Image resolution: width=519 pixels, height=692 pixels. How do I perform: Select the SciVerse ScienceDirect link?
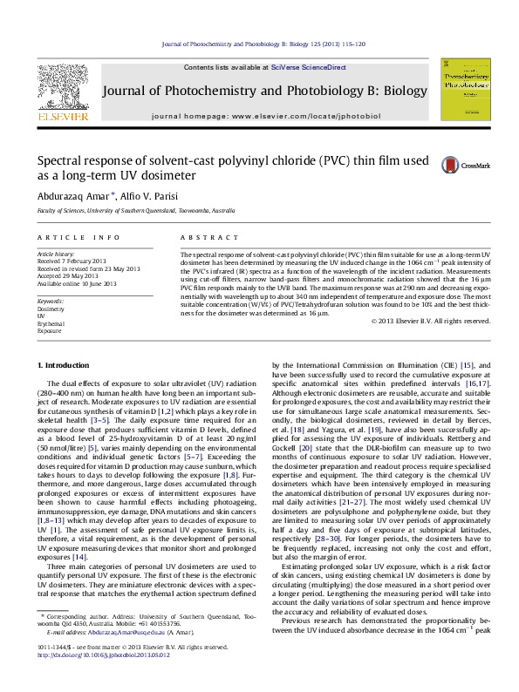(309, 67)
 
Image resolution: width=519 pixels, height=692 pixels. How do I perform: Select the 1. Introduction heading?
(65, 363)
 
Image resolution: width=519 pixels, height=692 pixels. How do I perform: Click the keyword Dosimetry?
(50, 309)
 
